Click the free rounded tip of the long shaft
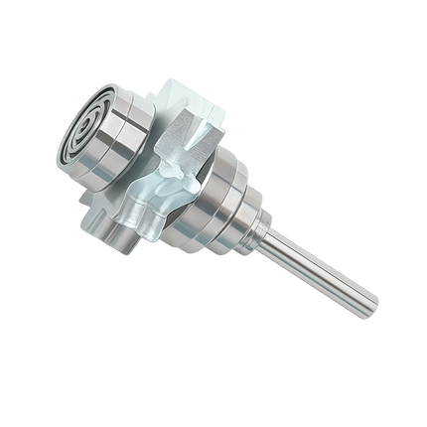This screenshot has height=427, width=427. (373, 298)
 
